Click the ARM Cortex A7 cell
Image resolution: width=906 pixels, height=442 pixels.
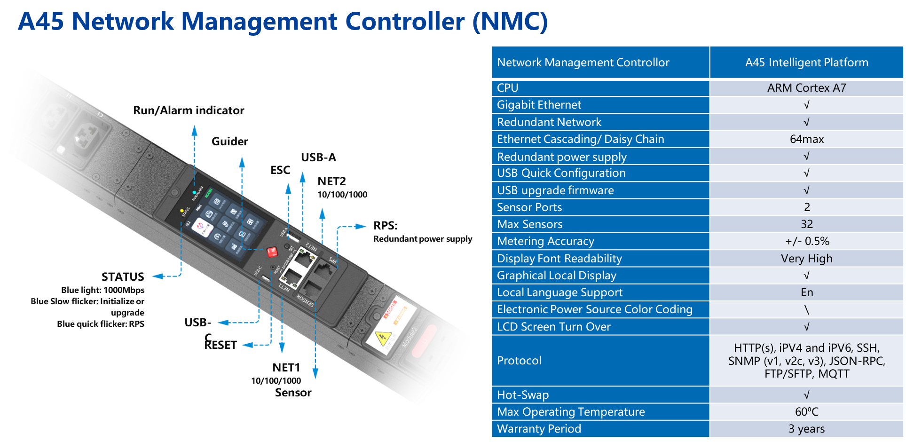(806, 88)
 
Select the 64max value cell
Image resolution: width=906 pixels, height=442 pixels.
(806, 139)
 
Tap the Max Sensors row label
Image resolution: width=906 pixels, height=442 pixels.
(529, 224)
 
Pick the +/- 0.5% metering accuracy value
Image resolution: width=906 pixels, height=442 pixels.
(807, 241)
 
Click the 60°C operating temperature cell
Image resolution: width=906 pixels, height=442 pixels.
(806, 412)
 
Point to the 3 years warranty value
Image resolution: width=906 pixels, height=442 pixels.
(806, 429)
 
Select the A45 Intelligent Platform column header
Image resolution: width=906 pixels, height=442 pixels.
(806, 63)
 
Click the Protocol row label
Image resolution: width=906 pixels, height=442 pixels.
(519, 361)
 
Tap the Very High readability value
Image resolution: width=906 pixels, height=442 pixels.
(806, 259)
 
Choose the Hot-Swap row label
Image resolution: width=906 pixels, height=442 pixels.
(523, 395)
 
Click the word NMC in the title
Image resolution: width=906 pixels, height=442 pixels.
(510, 22)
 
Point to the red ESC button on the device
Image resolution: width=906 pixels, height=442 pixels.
(272, 252)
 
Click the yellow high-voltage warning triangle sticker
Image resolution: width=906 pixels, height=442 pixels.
(382, 337)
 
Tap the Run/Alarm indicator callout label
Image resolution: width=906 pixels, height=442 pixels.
(189, 110)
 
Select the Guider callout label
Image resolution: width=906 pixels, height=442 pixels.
(229, 142)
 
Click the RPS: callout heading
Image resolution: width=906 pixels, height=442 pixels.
(385, 226)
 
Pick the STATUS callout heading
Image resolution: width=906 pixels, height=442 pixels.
(123, 276)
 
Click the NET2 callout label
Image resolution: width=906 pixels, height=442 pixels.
(331, 182)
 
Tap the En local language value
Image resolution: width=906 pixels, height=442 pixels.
(806, 292)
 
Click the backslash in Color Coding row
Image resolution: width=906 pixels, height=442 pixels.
(806, 309)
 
